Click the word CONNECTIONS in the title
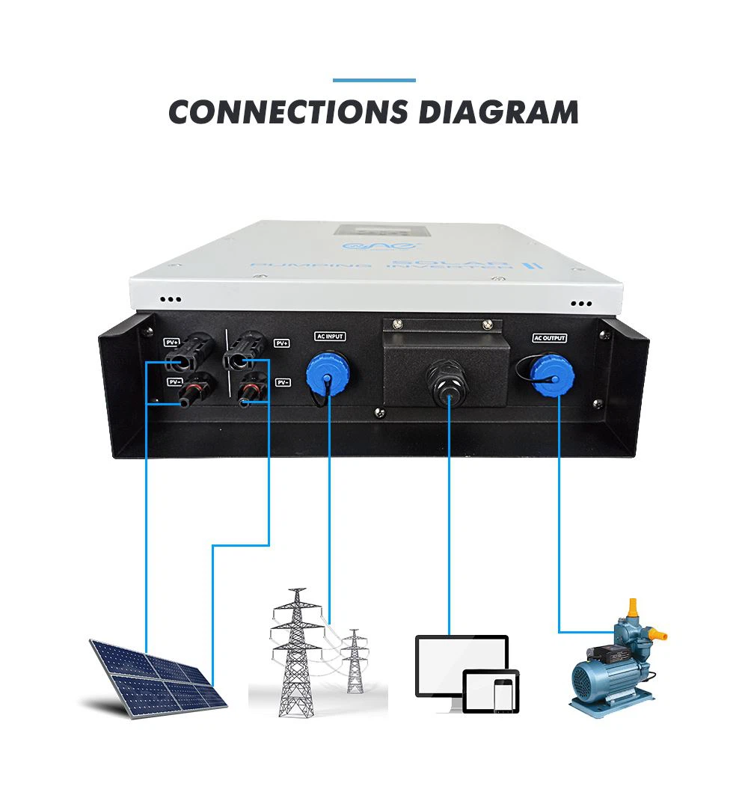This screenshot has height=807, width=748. tap(288, 112)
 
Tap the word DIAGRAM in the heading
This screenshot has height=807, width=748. tap(498, 112)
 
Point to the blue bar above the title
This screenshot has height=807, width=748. tap(374, 80)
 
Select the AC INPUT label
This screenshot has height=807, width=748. tap(329, 337)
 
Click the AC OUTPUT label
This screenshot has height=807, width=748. tap(550, 338)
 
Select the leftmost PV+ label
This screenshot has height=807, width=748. tap(171, 343)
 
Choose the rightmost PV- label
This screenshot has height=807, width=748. tap(283, 382)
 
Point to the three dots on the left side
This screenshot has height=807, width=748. tap(171, 298)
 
